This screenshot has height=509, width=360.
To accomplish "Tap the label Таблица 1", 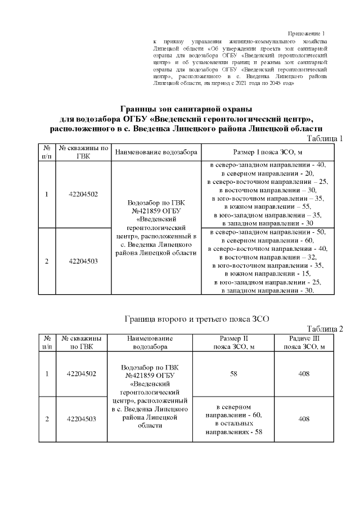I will click(x=325, y=138).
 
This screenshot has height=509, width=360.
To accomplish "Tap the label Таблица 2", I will click(x=325, y=329).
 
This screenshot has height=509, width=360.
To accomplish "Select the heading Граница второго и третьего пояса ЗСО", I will click(x=196, y=319).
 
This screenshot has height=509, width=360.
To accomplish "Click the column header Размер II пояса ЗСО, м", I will click(x=233, y=343).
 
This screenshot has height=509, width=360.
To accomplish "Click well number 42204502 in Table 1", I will click(x=83, y=194).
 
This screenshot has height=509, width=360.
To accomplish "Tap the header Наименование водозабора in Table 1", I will click(x=156, y=152).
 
